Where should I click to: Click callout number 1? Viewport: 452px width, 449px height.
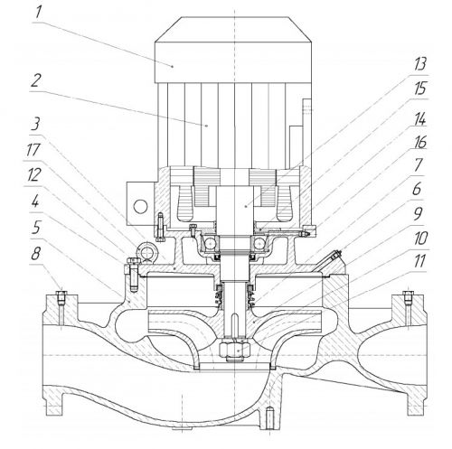click(x=38, y=13)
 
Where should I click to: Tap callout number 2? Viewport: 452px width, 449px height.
click(x=36, y=80)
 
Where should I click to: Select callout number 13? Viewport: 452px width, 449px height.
click(x=420, y=64)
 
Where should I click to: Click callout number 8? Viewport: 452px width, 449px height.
click(x=36, y=253)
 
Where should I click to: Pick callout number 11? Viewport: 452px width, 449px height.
click(x=419, y=261)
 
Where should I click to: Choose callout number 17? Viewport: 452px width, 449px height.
click(x=33, y=150)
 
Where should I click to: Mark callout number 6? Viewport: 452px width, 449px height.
click(x=417, y=189)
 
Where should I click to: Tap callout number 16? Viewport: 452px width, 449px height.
click(x=420, y=142)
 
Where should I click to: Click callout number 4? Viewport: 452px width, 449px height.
click(x=35, y=201)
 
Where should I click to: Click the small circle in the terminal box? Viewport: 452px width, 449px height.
click(x=140, y=207)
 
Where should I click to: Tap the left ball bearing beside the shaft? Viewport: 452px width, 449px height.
click(x=210, y=244)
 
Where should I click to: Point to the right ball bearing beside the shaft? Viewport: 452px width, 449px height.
click(x=259, y=244)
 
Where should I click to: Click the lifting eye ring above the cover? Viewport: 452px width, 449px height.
click(x=146, y=252)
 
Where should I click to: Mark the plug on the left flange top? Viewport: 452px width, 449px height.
click(x=61, y=295)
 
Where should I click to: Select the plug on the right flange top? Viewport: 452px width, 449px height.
click(x=408, y=295)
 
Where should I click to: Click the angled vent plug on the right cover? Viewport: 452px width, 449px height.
click(x=336, y=256)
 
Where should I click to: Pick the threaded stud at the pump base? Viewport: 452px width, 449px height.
click(x=270, y=418)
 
